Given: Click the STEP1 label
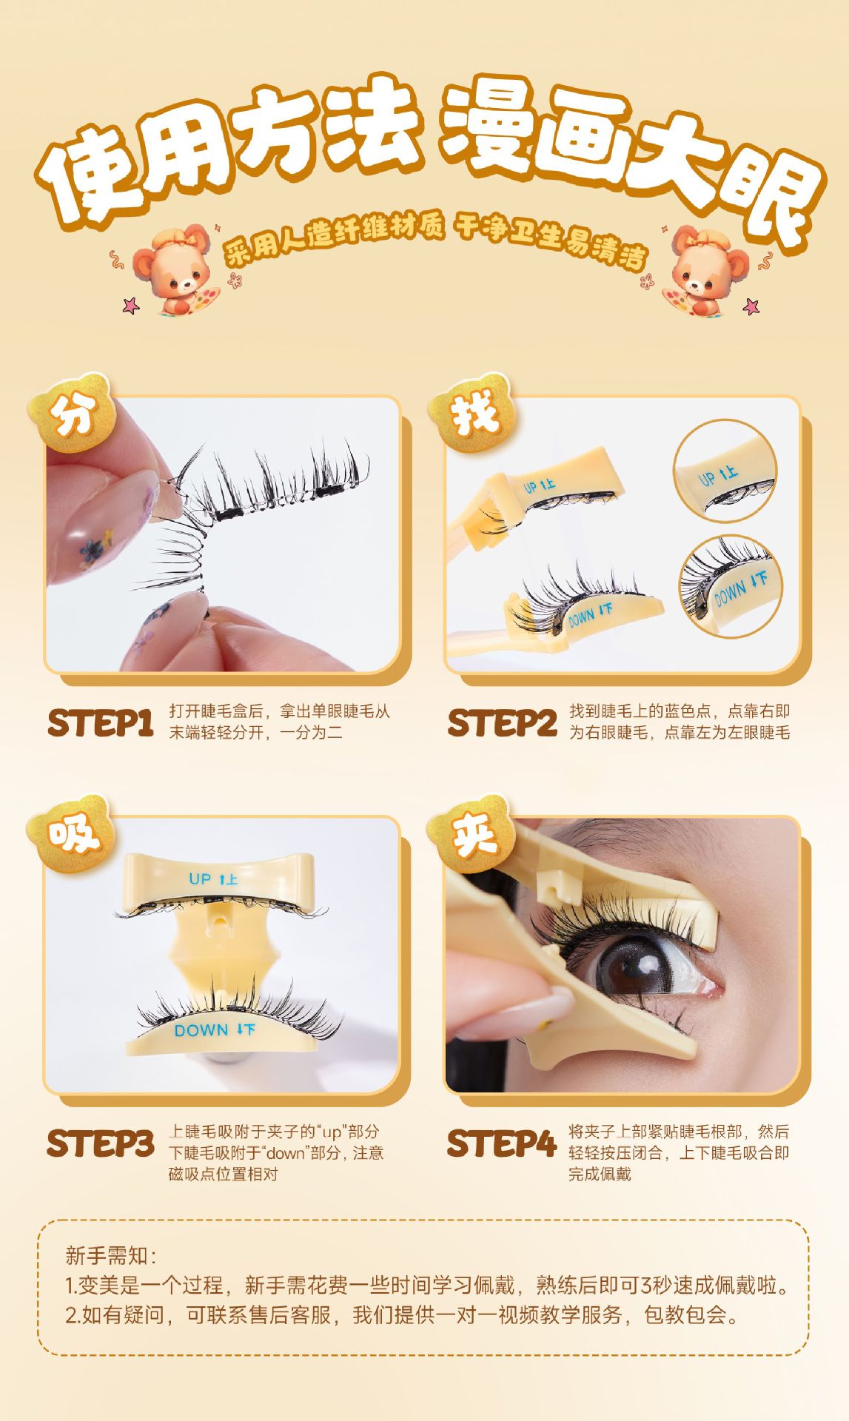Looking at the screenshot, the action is point(100,723).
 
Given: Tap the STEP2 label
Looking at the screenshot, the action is point(502,723).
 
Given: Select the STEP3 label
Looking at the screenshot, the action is point(100,1143).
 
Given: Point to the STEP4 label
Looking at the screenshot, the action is point(502,1143).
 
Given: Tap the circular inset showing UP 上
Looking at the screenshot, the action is point(725,471).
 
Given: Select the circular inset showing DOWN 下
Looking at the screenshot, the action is point(730,585).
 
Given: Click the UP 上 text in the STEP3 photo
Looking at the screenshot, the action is point(213,879).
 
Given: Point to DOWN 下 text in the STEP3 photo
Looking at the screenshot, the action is point(215,1029).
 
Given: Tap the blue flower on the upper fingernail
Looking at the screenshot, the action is point(90,550).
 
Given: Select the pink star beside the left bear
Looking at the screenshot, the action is point(131,304).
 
